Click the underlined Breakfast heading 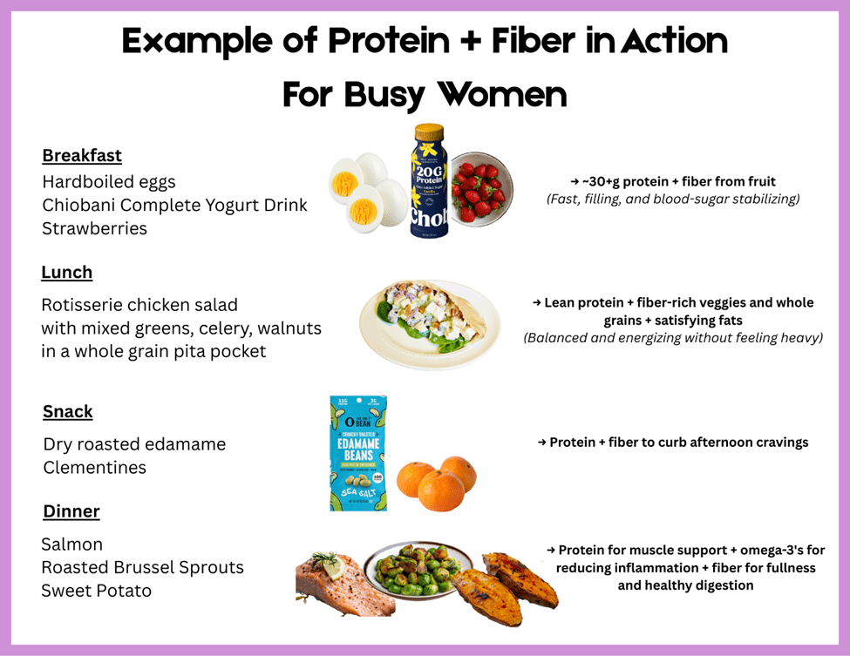(x=82, y=155)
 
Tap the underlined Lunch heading (x=66, y=272)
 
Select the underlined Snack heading (x=68, y=412)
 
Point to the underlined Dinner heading (x=71, y=511)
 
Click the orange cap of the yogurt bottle (x=429, y=132)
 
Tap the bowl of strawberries (x=481, y=189)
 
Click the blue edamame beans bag (x=358, y=453)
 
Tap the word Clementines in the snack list (x=95, y=468)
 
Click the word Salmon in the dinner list (x=72, y=544)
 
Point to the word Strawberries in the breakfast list (x=95, y=228)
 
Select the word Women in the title (x=502, y=94)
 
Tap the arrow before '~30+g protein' (x=575, y=181)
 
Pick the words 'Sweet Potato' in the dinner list (x=97, y=591)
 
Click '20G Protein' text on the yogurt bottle (x=429, y=174)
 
